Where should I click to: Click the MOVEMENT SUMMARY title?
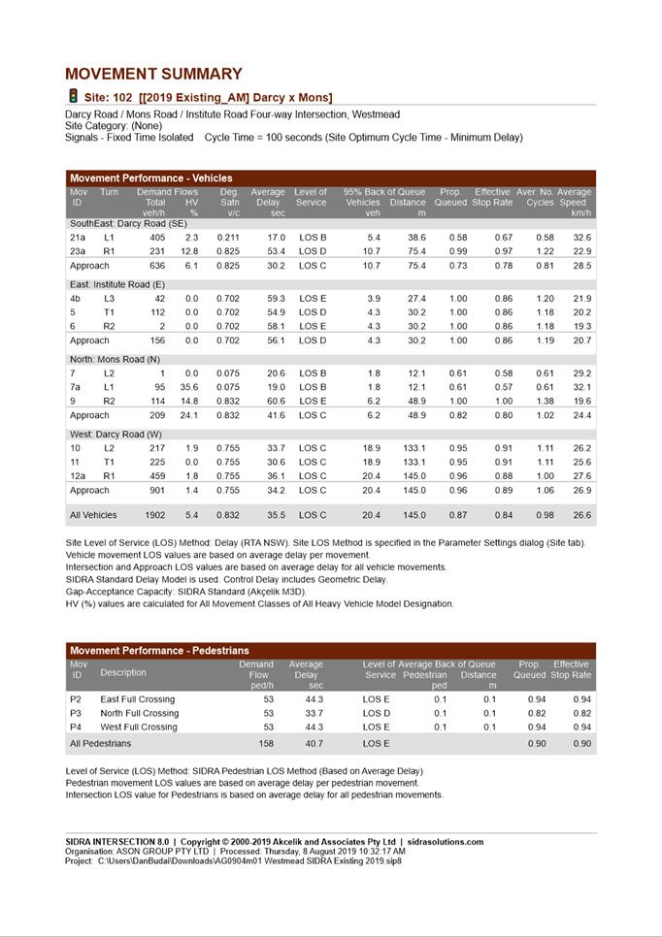153,74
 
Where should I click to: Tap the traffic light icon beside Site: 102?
73,96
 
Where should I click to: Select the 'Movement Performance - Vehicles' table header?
151,178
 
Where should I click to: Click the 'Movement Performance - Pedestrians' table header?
159,650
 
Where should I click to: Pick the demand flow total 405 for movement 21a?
156,238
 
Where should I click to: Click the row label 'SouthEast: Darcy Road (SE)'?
128,223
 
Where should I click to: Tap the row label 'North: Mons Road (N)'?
114,359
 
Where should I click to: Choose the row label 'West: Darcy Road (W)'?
115,434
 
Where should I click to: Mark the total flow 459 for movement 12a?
156,475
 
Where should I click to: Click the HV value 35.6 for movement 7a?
188,387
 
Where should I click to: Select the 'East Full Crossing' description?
138,699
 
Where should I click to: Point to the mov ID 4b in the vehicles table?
75,299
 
